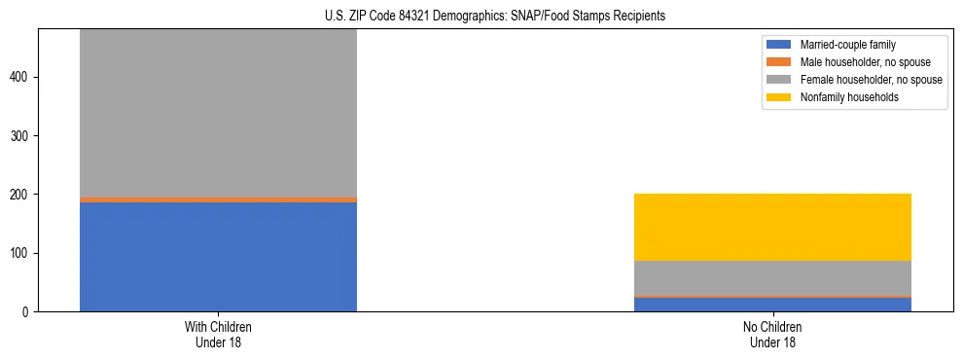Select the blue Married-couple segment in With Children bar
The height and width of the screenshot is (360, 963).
tap(218, 257)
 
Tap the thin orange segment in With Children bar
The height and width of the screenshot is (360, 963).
tap(218, 199)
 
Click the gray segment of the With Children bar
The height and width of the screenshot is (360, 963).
tap(218, 112)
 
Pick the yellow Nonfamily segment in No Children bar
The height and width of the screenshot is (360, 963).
tap(772, 227)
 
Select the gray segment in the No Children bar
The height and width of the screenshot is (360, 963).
tap(772, 278)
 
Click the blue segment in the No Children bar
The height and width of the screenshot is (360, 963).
tap(772, 305)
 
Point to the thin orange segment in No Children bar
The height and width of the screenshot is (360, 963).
tap(772, 297)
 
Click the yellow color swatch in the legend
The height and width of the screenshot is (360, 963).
tap(779, 97)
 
